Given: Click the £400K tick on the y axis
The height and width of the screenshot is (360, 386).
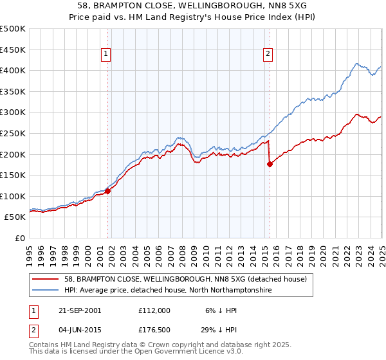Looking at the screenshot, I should pos(13,71).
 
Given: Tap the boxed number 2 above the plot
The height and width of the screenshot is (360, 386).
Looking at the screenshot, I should pos(267,55).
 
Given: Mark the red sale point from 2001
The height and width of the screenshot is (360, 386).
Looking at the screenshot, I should pos(108,191).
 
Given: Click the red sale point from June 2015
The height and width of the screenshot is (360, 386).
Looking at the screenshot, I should pos(270,164).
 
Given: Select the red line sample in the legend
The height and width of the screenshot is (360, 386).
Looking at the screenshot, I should pos(46,279).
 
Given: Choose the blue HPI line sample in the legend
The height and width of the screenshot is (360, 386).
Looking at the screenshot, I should pos(46,291).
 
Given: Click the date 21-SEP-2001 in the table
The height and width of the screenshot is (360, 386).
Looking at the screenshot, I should pos(80,310).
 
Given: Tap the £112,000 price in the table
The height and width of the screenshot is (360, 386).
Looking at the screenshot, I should pos(154,310).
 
